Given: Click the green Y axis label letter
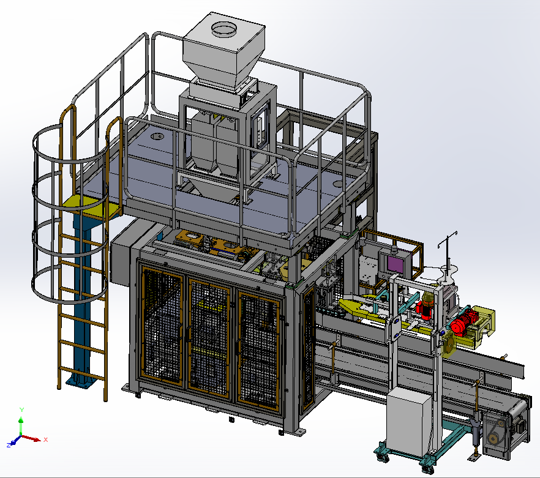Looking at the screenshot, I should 21,409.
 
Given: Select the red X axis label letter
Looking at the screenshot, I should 46,439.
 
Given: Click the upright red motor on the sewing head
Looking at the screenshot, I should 427,305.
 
